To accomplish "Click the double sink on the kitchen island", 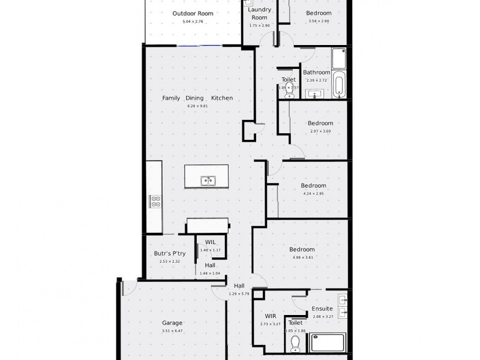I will pyautogui.click(x=208, y=179).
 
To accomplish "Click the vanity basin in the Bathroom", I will pyautogui.click(x=314, y=94).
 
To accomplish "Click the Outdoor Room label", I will pyautogui.click(x=193, y=13).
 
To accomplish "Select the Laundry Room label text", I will pyautogui.click(x=260, y=14).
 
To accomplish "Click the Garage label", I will pyautogui.click(x=172, y=323).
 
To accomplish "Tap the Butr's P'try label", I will pyautogui.click(x=170, y=253).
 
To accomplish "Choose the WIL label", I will pyautogui.click(x=210, y=242).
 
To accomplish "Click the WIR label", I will pyautogui.click(x=270, y=316).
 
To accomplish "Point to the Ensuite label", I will pyautogui.click(x=322, y=309).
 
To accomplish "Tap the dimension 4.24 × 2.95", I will pyautogui.click(x=313, y=194).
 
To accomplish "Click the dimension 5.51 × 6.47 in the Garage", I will pyautogui.click(x=172, y=331).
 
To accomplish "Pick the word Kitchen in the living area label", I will pyautogui.click(x=221, y=98).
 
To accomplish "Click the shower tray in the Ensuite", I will pyautogui.click(x=326, y=343).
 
